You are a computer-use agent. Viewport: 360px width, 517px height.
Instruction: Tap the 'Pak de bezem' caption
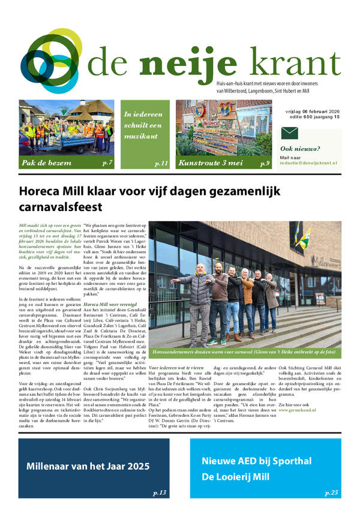(x=46, y=163)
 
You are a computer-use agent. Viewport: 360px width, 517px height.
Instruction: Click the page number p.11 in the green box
(x=161, y=163)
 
